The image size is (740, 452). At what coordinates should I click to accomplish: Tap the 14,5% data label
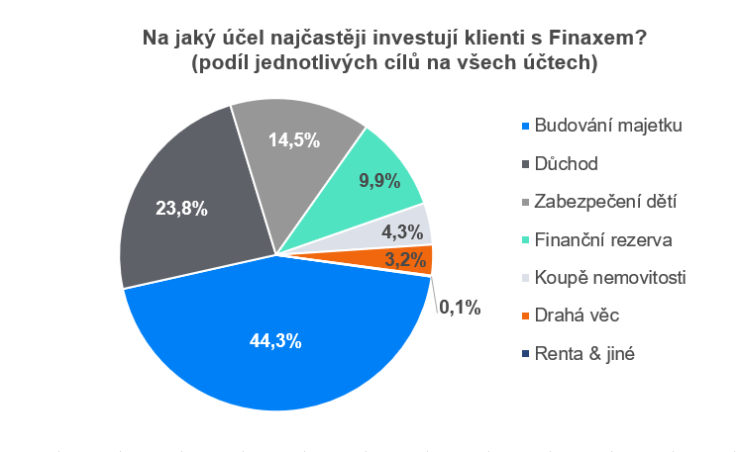[294, 139]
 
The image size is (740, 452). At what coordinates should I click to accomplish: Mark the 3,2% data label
[405, 261]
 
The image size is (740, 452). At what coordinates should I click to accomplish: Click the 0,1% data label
[459, 308]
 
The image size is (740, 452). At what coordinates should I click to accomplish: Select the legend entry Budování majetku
[608, 126]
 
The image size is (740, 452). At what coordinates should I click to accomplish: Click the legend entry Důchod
[566, 163]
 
